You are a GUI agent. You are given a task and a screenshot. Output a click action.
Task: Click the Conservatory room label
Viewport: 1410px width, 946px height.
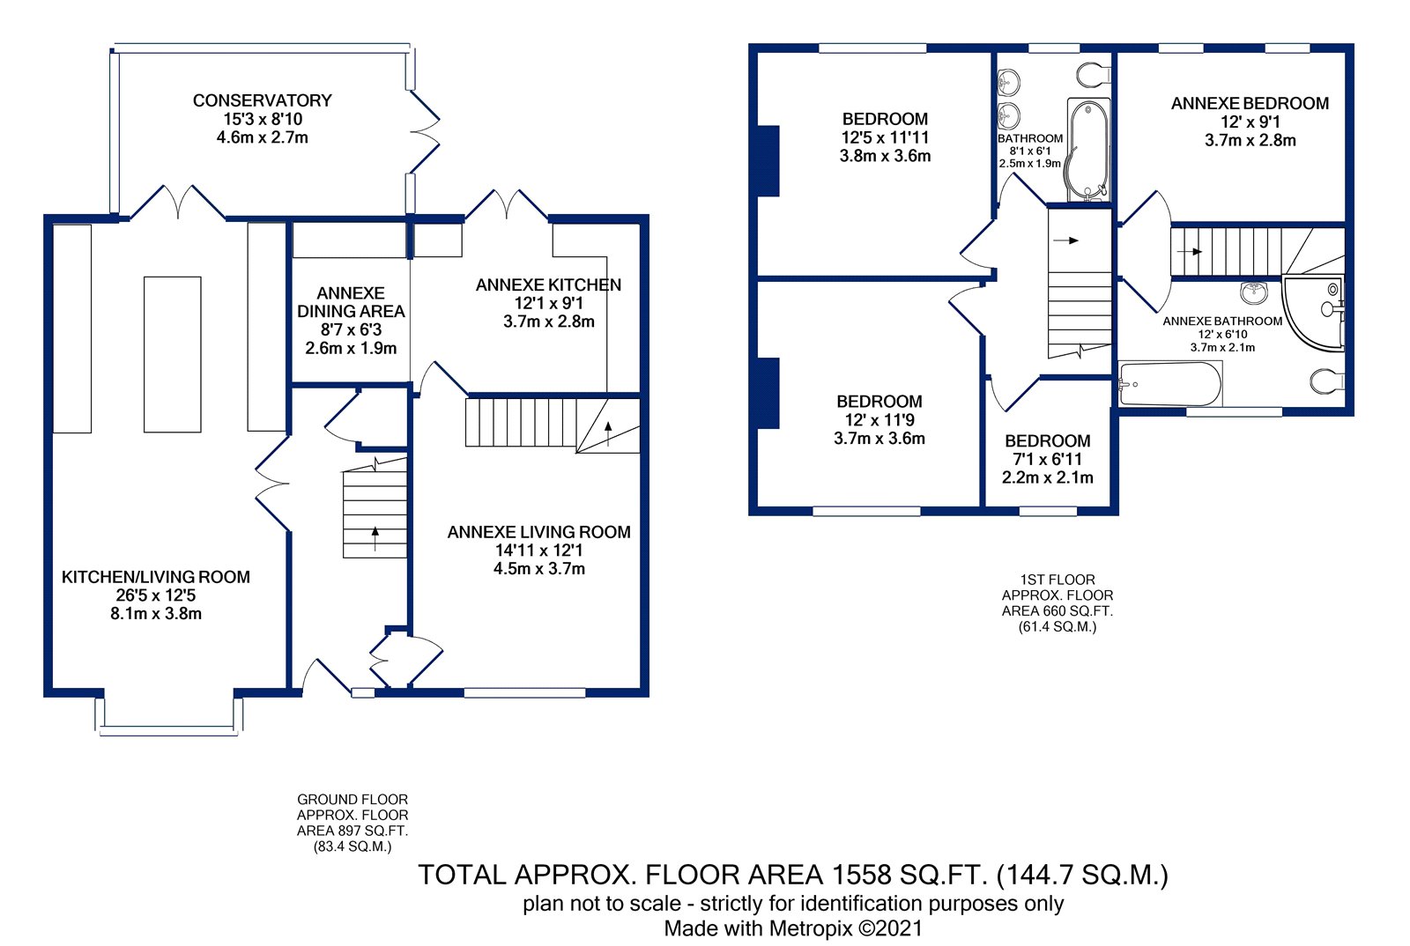[x=262, y=100]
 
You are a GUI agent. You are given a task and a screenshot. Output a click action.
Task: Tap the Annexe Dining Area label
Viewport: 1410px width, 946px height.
[x=351, y=302]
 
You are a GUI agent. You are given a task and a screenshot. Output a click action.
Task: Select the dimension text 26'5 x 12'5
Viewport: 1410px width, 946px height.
[x=155, y=595]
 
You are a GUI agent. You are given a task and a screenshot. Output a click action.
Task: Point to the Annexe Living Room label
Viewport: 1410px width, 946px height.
[x=538, y=532]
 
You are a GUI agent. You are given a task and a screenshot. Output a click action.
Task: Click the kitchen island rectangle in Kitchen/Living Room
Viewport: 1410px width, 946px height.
[x=173, y=355]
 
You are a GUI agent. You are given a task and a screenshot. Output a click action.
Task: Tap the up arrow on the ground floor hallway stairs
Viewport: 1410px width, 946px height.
[x=375, y=538]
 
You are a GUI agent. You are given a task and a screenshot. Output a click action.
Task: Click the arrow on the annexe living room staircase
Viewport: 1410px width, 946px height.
[x=608, y=433]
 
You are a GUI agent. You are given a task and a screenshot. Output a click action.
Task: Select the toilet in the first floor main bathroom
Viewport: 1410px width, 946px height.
[x=1094, y=75]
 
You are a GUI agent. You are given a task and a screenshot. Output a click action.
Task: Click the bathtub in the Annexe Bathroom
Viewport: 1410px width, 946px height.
[x=1170, y=384]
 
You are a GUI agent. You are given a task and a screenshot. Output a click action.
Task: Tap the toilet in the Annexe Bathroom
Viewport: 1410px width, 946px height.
[x=1327, y=381]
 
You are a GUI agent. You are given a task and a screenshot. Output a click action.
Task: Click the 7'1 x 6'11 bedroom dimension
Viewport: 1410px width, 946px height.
[x=1048, y=459]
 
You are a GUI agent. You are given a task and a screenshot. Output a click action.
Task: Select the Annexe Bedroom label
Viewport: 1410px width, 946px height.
[x=1250, y=104]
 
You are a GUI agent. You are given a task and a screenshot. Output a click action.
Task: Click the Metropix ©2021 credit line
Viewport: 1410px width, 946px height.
[x=793, y=928]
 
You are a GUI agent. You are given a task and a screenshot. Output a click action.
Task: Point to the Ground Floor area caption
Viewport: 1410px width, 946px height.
[x=352, y=823]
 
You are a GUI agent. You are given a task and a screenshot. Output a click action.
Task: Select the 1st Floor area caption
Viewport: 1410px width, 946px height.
[x=1057, y=602]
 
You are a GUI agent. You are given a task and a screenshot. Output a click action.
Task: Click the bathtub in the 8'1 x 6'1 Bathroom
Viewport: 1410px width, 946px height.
[x=1088, y=150]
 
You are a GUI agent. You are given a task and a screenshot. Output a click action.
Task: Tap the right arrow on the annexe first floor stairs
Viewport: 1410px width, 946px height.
[x=1189, y=252]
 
